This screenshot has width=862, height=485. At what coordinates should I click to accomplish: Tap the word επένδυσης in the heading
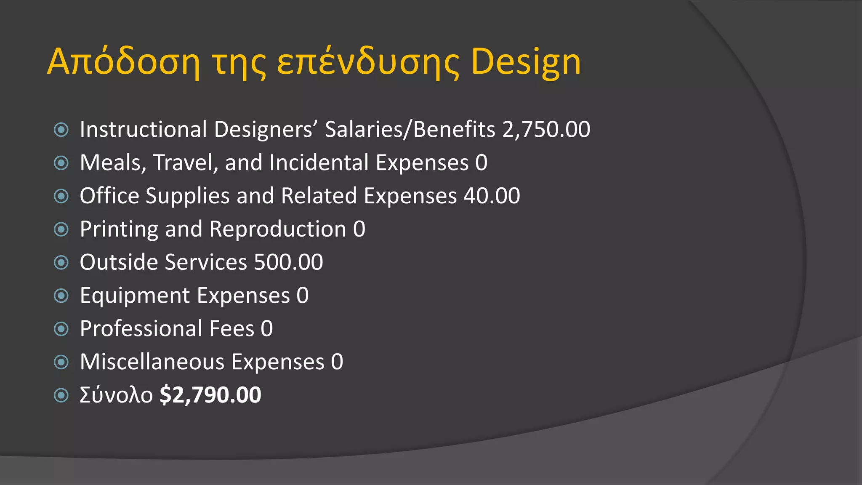367,62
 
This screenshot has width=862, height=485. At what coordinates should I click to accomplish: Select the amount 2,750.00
546,129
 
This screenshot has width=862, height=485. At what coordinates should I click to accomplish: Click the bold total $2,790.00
210,395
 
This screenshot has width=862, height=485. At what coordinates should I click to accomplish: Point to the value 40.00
492,196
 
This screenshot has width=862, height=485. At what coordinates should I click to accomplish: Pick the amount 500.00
288,262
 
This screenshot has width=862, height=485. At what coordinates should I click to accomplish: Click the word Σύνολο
116,395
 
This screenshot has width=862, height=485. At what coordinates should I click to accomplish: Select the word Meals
112,163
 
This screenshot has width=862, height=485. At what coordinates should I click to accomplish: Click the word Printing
119,229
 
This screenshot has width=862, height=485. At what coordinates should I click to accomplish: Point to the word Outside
118,262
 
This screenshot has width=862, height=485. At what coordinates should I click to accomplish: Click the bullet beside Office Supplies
61,196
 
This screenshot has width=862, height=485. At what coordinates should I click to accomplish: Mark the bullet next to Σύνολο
61,395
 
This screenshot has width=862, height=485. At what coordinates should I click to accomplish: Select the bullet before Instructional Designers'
61,130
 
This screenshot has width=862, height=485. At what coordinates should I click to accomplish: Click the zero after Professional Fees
267,328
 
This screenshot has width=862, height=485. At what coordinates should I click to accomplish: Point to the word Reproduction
278,229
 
